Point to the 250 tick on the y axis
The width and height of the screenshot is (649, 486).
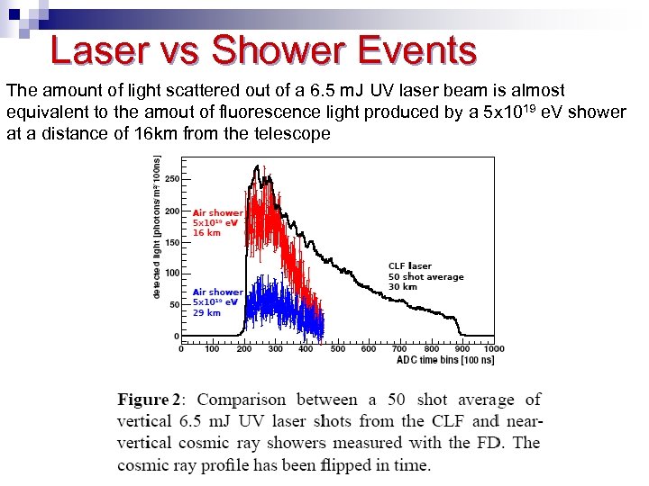pyautogui.click(x=171, y=179)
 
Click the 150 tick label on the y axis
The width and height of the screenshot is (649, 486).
pyautogui.click(x=171, y=242)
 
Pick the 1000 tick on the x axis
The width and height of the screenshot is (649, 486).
pyautogui.click(x=493, y=349)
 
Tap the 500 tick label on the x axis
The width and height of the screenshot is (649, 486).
pyautogui.click(x=337, y=349)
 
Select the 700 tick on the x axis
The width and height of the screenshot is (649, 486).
pyautogui.click(x=399, y=349)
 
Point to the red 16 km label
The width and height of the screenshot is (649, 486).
pyautogui.click(x=206, y=232)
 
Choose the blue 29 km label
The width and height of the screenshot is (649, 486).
pyautogui.click(x=206, y=312)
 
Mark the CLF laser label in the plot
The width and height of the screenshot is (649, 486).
pyautogui.click(x=410, y=265)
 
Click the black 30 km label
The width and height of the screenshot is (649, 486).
pyautogui.click(x=403, y=286)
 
